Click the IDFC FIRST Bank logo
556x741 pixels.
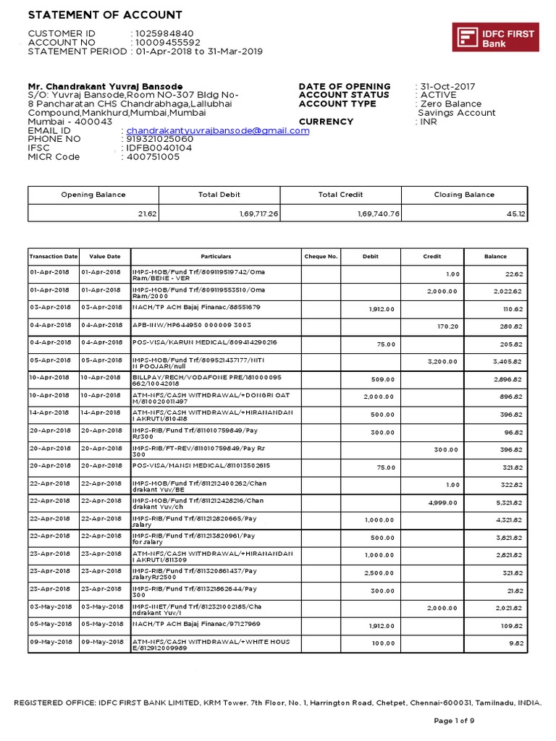tap(495, 37)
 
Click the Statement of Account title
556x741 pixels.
tap(105, 15)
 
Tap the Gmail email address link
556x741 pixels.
tap(218, 131)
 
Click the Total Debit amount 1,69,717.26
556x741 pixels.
tap(258, 213)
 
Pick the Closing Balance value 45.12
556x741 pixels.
tap(516, 213)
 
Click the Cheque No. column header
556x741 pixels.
tap(321, 256)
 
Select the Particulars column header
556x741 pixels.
tap(215, 256)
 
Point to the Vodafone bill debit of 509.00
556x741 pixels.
tap(383, 379)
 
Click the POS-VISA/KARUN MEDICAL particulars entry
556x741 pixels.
tap(204, 342)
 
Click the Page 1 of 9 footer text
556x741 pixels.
tap(454, 721)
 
